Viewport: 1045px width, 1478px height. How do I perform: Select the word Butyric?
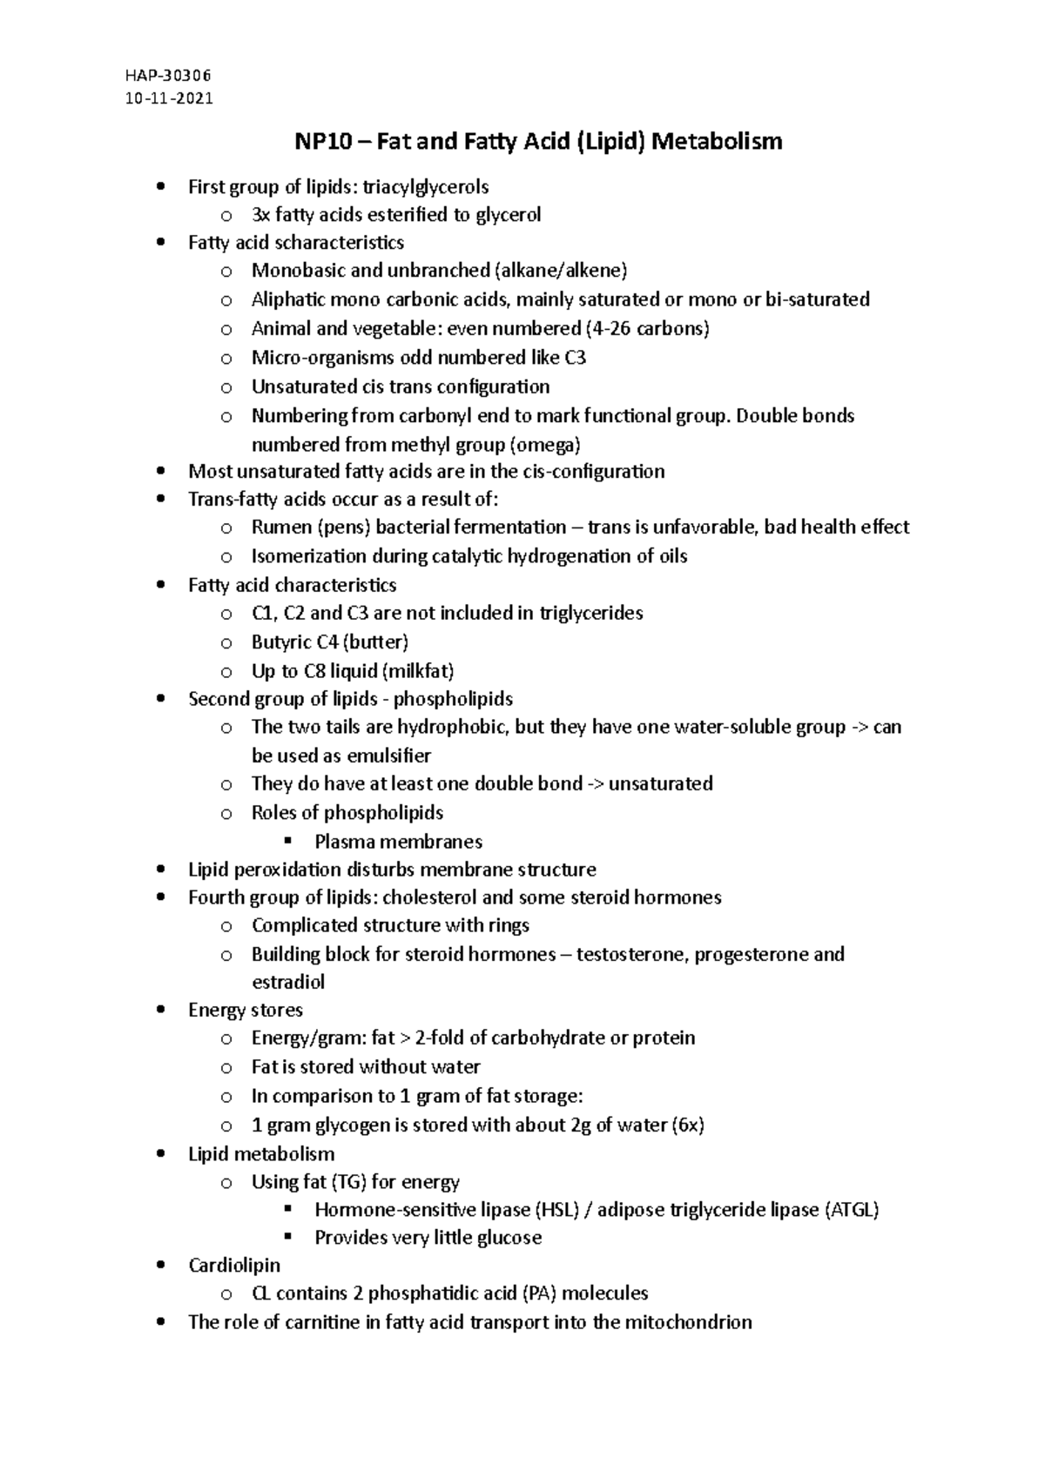pos(281,642)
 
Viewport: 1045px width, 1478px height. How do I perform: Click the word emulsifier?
pos(388,756)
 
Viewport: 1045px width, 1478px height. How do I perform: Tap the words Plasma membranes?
pos(398,842)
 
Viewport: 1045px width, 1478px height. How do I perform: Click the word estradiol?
pos(288,982)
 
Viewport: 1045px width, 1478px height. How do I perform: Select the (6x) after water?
pos(688,1125)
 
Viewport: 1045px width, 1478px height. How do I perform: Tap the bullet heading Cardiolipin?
pos(234,1265)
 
